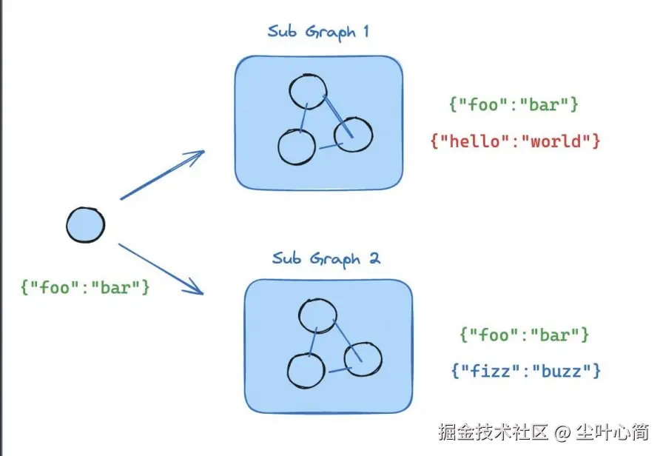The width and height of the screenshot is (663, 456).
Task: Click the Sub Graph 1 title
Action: coord(317,33)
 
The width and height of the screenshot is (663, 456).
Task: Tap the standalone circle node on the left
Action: coord(85,224)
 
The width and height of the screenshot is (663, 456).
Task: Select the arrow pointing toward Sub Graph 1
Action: coord(162,175)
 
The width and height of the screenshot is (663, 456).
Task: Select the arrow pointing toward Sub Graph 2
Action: coord(161,268)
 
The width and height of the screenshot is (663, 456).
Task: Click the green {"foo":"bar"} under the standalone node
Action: coord(86,286)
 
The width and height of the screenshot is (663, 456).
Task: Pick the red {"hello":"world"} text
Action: coord(514,141)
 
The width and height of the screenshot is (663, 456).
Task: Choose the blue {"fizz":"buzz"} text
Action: coord(525,370)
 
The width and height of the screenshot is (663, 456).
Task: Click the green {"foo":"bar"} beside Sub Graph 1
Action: coord(514,104)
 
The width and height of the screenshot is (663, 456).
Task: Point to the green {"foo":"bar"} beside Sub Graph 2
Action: coord(524,335)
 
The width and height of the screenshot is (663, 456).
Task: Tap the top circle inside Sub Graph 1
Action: coord(307,92)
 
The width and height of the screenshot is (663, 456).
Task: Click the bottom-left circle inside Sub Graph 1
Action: coord(296,147)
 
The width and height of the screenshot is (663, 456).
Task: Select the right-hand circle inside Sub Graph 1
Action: coord(353,134)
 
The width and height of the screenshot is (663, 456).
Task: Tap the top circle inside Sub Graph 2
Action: coord(317,315)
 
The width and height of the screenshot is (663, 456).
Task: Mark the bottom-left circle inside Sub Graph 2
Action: coord(306,371)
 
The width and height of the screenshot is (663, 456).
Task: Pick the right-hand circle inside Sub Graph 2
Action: coord(363,359)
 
